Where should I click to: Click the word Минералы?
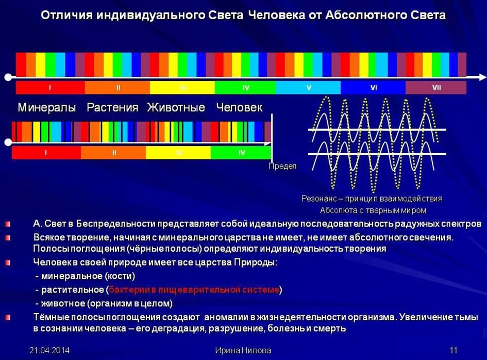coord(47,108)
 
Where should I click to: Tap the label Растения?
coord(112,108)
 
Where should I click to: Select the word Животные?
coord(176,108)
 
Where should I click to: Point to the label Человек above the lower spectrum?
coord(239,108)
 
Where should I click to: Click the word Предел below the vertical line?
coord(282,166)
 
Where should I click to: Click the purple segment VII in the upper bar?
coord(436,88)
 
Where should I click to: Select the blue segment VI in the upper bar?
coord(373,88)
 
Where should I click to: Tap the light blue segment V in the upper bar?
coord(308,88)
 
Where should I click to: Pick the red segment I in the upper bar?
coord(50,88)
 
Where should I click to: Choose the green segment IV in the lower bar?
coord(241,153)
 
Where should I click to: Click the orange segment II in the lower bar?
coord(113,153)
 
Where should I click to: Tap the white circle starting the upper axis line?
coord(8,77)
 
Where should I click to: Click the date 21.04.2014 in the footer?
coord(49,351)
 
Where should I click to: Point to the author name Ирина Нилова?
coord(243,351)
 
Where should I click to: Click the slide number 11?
coord(454,351)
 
